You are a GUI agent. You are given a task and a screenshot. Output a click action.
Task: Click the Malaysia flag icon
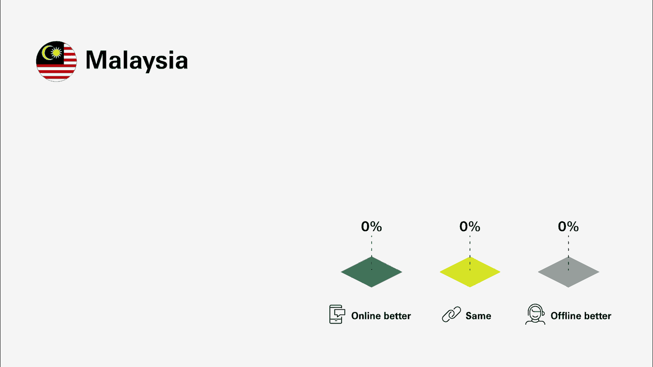coord(56,61)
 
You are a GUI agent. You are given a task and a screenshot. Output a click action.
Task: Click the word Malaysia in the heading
coord(137,60)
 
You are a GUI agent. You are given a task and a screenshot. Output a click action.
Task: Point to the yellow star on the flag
coord(56,52)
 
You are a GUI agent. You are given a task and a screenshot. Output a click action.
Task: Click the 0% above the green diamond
coord(371,227)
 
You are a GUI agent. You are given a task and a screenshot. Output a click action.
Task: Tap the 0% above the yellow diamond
coord(470,227)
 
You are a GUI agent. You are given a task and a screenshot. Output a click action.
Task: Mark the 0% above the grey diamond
coord(568,227)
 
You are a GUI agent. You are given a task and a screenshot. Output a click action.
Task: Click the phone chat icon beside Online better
coord(337,315)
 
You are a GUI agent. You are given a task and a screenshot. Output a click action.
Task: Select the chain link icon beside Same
coord(451,315)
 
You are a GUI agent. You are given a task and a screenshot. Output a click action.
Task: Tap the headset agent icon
coord(535,315)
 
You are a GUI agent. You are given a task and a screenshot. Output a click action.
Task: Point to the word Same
coord(478,316)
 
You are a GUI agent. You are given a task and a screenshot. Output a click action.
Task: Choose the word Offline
coord(566,316)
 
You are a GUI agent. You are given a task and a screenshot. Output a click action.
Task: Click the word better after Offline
coord(597,316)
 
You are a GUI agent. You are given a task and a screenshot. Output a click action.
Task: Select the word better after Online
coord(397,316)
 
